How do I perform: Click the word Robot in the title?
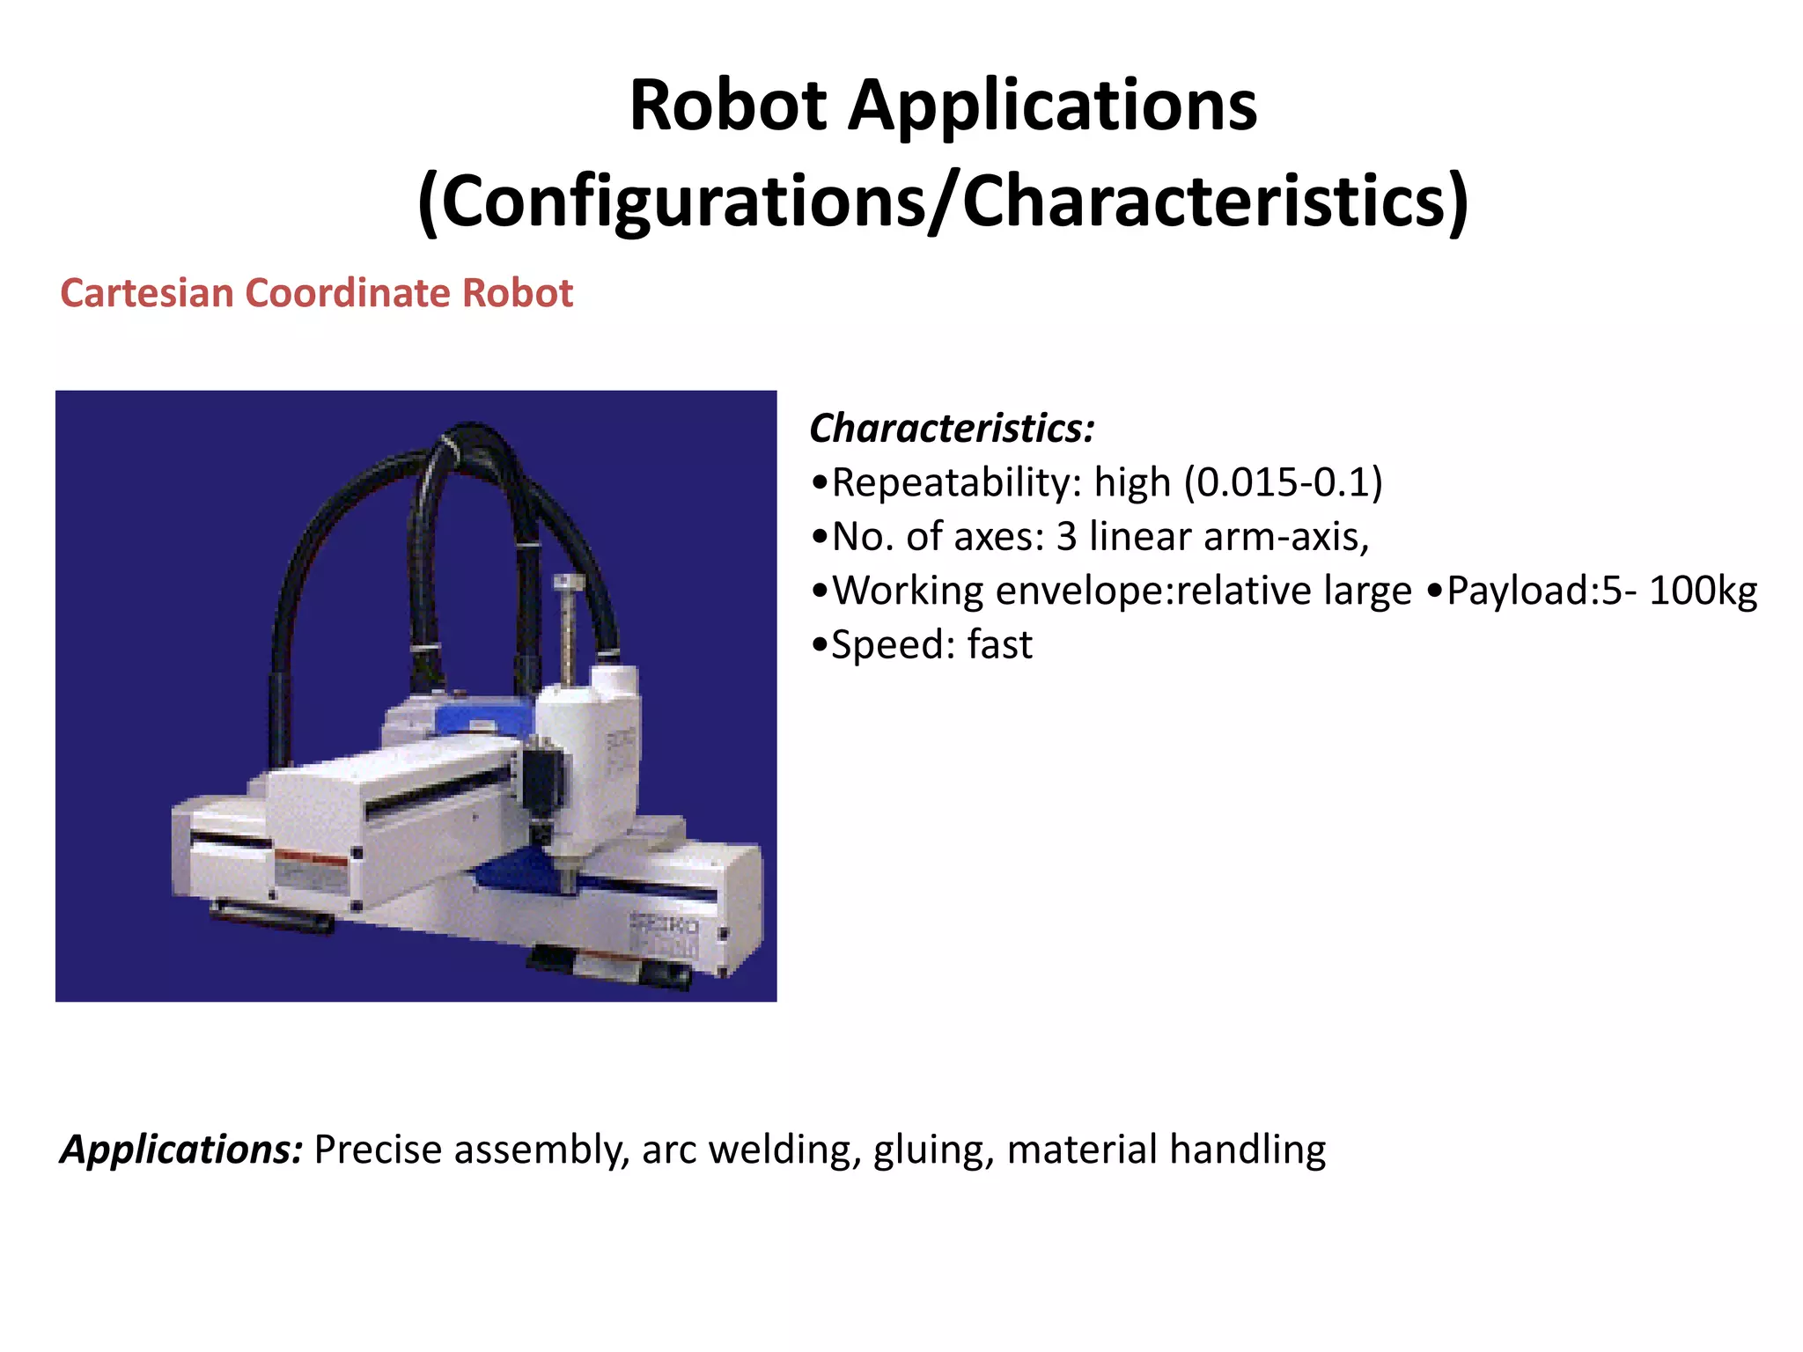pos(727,106)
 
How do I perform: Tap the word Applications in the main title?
pos(1052,107)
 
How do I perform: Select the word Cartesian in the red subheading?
pos(145,293)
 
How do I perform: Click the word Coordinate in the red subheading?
pos(347,293)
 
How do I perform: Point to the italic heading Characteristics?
pos(952,429)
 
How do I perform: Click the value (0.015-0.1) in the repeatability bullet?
pos(1283,482)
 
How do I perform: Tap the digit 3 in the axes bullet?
pos(1066,536)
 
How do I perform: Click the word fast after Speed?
pos(999,644)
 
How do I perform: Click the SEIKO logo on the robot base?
pos(664,924)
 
